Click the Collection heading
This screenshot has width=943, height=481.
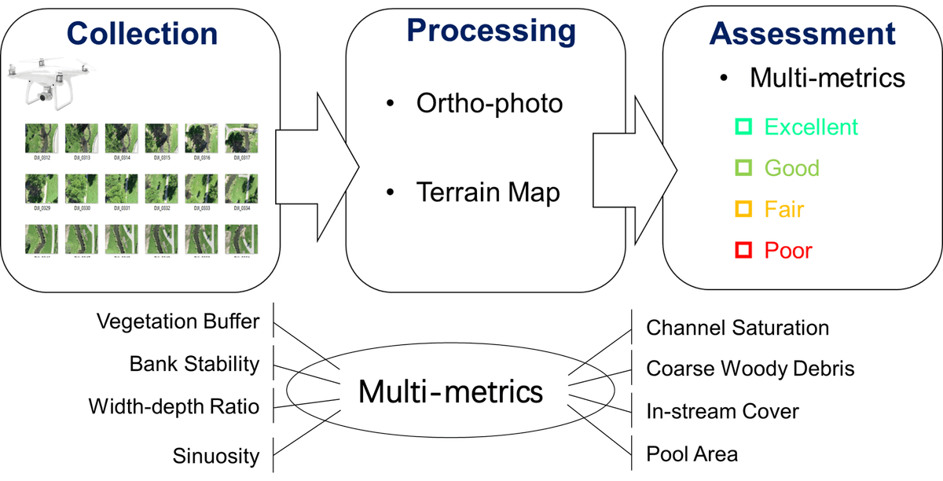tap(142, 33)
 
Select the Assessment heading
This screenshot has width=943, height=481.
tap(802, 33)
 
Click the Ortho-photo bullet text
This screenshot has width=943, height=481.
tap(490, 104)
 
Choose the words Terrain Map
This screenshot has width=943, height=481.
tap(488, 192)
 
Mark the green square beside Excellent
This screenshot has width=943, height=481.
tap(743, 126)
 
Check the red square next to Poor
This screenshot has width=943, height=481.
tap(743, 250)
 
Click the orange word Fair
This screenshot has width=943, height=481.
tap(783, 209)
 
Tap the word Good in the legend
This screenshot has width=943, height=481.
tap(791, 167)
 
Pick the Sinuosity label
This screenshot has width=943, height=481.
tap(215, 454)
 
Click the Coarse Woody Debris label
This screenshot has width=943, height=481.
tap(750, 368)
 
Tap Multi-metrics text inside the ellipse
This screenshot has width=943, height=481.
tap(450, 391)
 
